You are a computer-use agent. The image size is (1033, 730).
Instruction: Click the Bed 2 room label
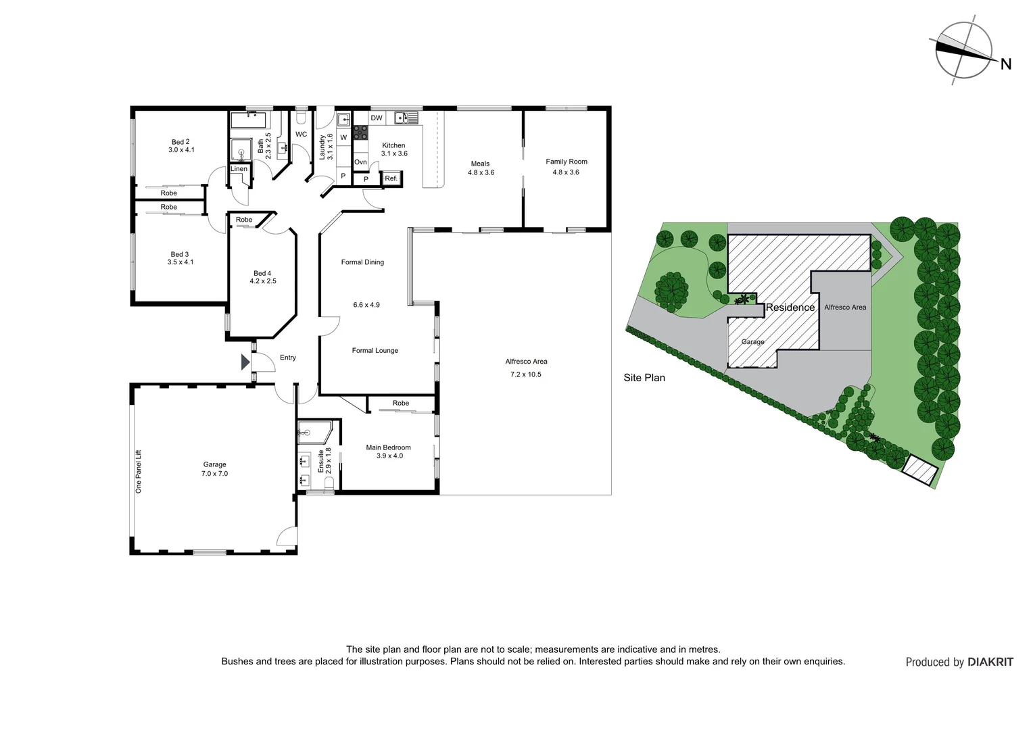click(180, 142)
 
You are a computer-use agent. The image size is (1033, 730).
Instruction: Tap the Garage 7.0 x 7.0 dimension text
click(214, 474)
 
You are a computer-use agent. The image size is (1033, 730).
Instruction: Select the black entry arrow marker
click(245, 362)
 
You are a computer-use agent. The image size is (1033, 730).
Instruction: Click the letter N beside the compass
click(1006, 64)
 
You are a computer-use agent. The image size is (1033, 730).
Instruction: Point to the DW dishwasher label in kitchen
click(377, 118)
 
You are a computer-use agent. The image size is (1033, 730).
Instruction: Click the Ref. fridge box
click(391, 178)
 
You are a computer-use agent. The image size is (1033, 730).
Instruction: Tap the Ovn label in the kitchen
click(360, 162)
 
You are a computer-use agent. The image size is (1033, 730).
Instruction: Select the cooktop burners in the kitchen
click(360, 132)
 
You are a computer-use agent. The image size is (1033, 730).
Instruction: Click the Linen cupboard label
click(239, 169)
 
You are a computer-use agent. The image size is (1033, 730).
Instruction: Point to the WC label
click(301, 135)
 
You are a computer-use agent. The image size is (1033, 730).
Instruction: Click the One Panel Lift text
click(139, 471)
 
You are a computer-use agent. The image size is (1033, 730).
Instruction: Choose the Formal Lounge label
click(375, 351)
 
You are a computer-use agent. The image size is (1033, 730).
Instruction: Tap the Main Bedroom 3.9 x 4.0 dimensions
click(389, 456)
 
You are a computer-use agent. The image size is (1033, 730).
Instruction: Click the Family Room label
click(567, 162)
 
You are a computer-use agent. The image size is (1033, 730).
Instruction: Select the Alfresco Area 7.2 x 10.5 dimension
click(525, 374)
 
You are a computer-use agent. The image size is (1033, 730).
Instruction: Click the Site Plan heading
click(644, 378)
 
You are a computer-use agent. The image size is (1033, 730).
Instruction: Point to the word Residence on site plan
click(790, 308)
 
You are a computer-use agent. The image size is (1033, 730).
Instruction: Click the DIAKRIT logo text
click(990, 662)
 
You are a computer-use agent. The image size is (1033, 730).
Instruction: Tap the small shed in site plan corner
click(920, 470)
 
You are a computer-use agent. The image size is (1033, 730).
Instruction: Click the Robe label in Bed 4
click(244, 220)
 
